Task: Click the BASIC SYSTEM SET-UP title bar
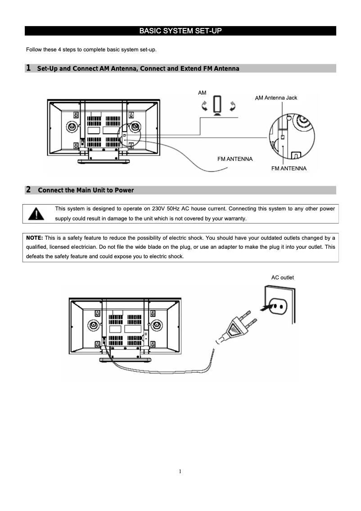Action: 180,31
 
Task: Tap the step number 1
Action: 28,68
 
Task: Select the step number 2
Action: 28,190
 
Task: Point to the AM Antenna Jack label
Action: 276,98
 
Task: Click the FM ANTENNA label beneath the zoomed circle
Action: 289,169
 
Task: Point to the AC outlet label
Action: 282,278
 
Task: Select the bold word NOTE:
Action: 35,237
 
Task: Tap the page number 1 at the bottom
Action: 180,472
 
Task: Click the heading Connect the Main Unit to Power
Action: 86,190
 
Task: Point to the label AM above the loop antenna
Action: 202,92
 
